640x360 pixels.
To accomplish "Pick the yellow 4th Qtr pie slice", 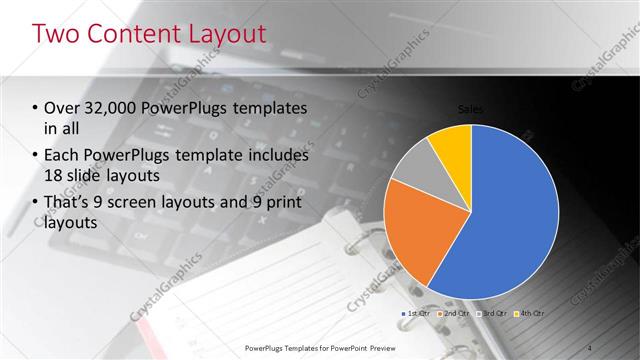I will (452, 145).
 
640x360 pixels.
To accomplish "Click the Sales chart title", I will (471, 108).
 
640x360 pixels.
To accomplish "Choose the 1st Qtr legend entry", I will (417, 314).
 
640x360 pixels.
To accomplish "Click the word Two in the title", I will (57, 34).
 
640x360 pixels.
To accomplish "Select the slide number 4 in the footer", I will (590, 347).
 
